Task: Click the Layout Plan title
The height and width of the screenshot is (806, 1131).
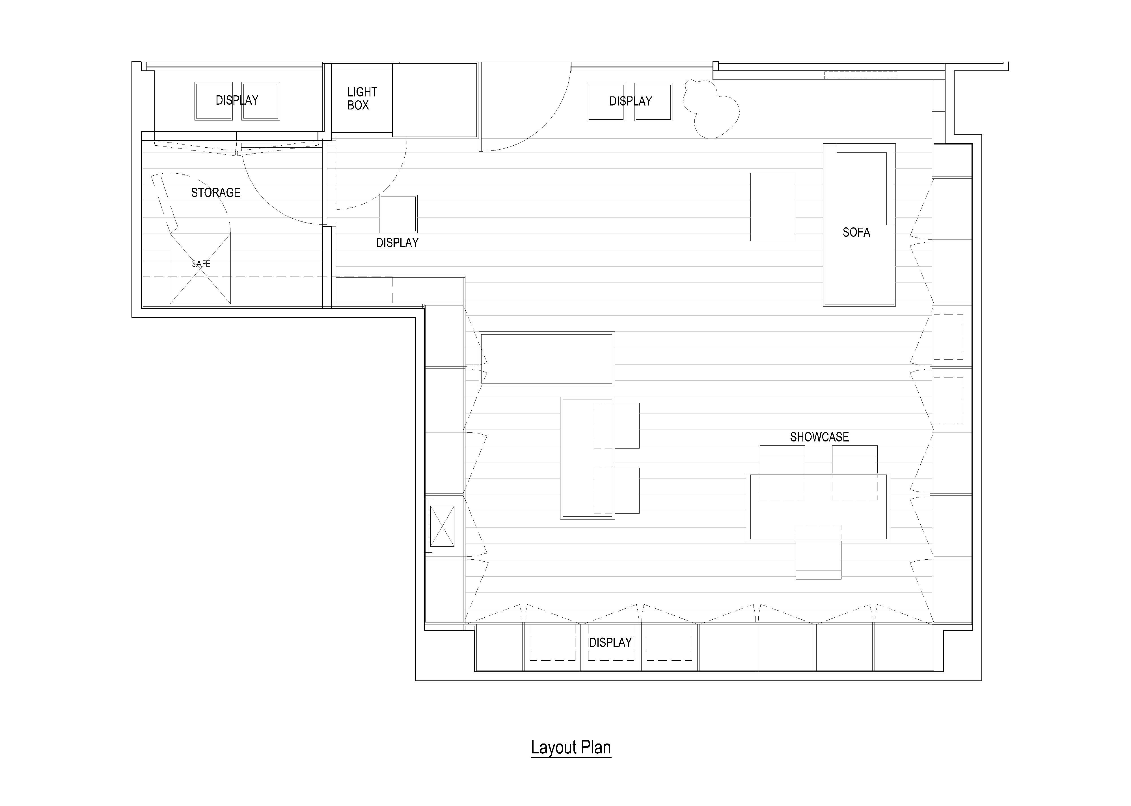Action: pos(571,747)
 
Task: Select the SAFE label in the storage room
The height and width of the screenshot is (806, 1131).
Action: pos(201,264)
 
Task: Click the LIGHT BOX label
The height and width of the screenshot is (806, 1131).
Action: pos(362,98)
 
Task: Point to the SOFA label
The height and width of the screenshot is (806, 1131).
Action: pos(856,232)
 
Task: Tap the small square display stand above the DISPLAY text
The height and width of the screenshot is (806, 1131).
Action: pos(398,214)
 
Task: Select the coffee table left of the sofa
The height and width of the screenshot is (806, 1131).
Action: pos(773,207)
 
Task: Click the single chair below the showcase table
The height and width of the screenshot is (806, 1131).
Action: pos(819,552)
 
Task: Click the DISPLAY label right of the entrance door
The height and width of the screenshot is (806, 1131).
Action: pos(631,101)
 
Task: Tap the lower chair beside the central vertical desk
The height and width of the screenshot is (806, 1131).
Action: pos(627,490)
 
